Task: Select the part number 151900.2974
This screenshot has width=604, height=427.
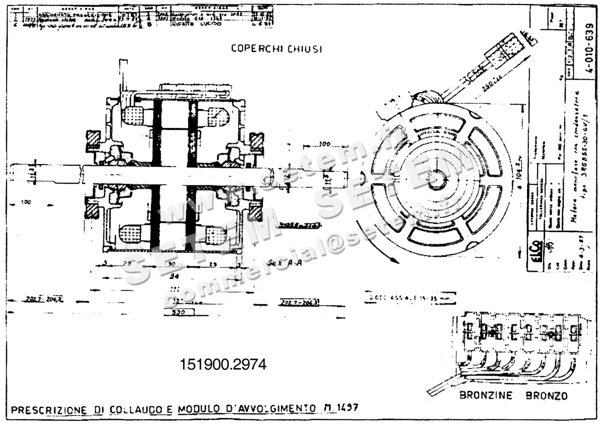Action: click(x=222, y=364)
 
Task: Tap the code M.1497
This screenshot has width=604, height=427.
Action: click(x=344, y=407)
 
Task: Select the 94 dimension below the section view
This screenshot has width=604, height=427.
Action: click(x=173, y=276)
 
